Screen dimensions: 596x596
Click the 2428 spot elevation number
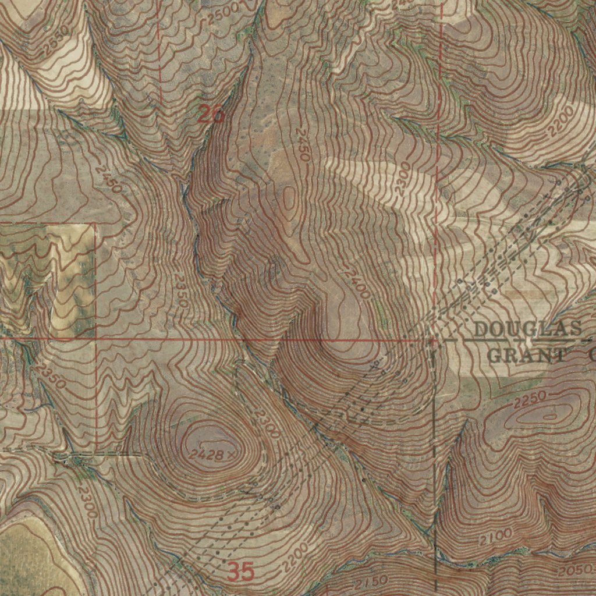pos(206,455)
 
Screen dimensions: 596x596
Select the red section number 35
pos(240,572)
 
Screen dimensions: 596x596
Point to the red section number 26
pos(210,115)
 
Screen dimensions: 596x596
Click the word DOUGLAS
pos(527,329)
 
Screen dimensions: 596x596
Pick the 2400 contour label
pos(356,282)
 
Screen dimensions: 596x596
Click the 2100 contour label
pos(496,537)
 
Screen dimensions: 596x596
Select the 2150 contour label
pos(371,583)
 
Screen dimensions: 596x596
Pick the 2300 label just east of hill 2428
pos(267,423)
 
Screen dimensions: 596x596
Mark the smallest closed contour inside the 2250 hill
pos(549,416)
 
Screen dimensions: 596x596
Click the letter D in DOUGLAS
pos(481,329)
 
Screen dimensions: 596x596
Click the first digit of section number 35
pos(234,572)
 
